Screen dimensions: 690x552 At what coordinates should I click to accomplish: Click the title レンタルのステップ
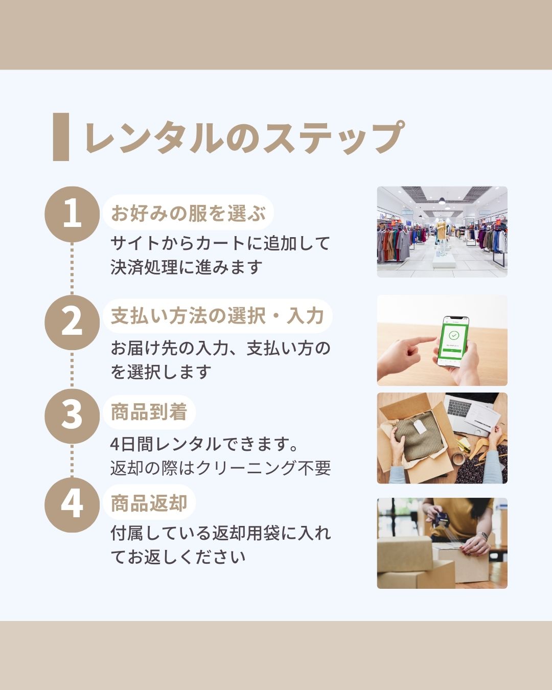(244, 137)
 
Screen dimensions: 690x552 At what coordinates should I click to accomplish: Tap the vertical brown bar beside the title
(61, 137)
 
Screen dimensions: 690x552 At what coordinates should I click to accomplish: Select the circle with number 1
(72, 214)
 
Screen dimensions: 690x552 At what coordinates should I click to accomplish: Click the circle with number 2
(72, 322)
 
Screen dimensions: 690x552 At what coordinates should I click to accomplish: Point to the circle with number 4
(72, 504)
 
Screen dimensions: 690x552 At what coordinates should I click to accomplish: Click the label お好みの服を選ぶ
(188, 213)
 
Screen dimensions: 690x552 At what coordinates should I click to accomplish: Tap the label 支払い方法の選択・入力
(217, 316)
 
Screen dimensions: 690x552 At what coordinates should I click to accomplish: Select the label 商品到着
(149, 412)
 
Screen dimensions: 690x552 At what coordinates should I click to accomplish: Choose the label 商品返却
(149, 503)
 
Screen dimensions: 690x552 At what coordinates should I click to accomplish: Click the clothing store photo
(442, 232)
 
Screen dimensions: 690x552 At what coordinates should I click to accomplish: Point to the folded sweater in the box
(416, 434)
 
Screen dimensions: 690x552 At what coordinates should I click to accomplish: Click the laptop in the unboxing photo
(470, 409)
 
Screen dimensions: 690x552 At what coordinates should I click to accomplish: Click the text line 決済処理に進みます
(187, 267)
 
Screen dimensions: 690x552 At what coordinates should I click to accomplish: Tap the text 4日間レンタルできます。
(205, 444)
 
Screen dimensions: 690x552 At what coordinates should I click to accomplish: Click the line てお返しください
(178, 557)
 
